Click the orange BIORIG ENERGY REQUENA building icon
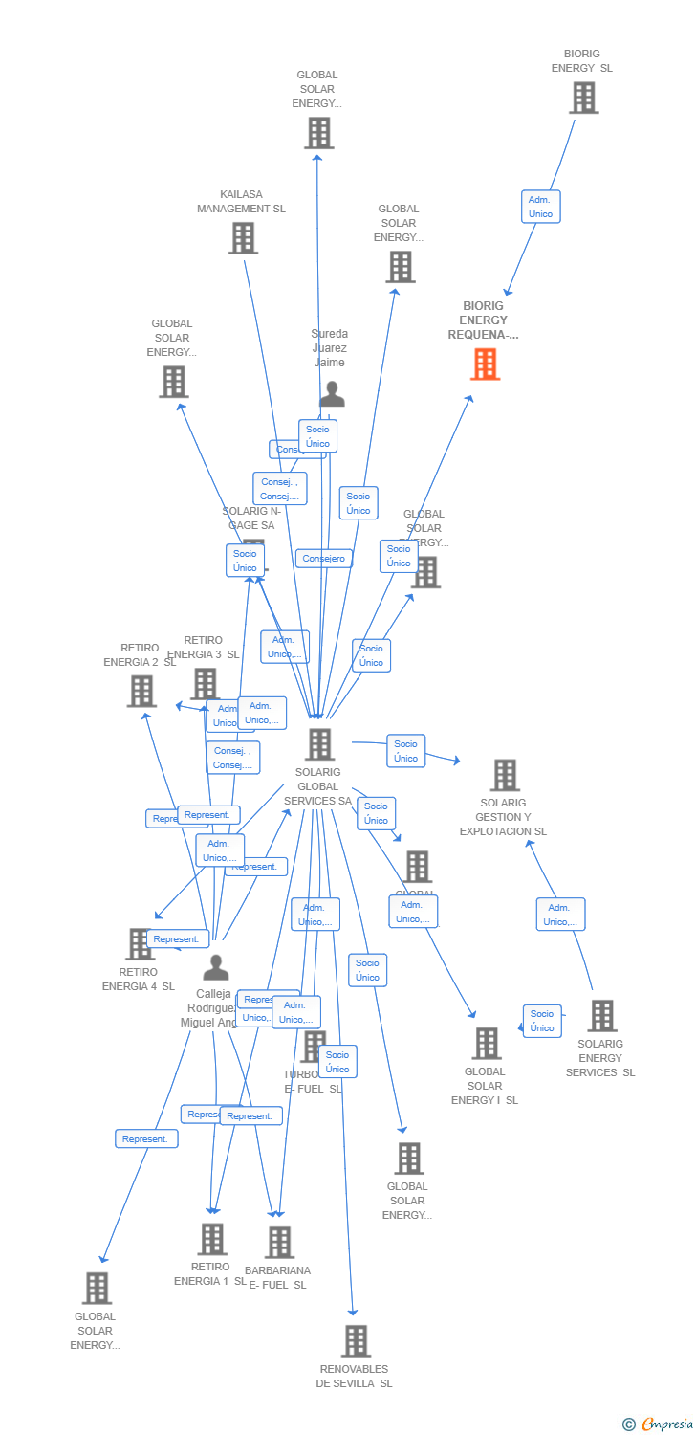tap(486, 364)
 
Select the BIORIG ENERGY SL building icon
tap(583, 98)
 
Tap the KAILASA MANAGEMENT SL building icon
tap(243, 238)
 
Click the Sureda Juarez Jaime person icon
tap(332, 393)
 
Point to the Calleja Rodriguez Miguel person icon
tap(216, 967)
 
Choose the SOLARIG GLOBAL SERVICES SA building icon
tap(319, 744)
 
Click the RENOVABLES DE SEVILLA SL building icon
tap(356, 1341)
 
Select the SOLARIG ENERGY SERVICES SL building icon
tap(601, 1016)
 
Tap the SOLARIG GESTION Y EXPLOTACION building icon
tap(504, 775)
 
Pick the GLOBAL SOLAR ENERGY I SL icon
tap(486, 1044)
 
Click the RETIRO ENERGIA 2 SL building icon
tap(141, 691)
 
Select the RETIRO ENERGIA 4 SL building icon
tap(140, 944)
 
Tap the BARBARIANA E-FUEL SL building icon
tap(278, 1243)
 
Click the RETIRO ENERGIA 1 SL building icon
tap(212, 1239)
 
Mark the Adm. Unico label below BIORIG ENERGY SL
tap(540, 207)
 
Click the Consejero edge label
tap(324, 559)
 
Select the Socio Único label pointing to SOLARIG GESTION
tap(405, 751)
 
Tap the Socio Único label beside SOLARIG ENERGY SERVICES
tap(542, 1021)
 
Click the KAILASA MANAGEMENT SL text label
tap(241, 202)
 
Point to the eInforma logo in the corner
tap(659, 1424)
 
